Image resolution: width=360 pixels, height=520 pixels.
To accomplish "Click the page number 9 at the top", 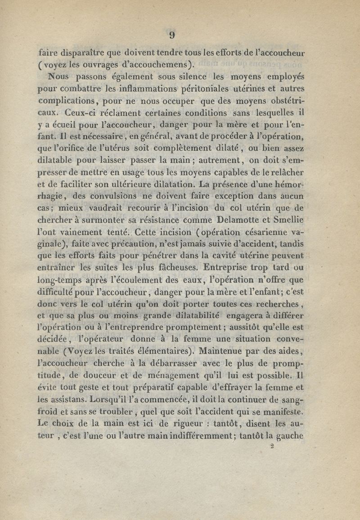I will click(x=172, y=35).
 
